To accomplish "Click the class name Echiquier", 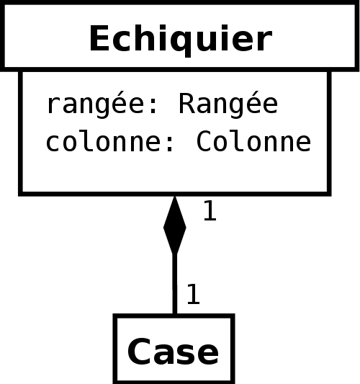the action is (181, 39).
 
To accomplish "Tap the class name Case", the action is (173, 352).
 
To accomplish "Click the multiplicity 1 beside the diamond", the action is (210, 210).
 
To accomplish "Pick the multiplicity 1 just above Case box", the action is (193, 294).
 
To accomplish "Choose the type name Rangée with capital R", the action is (228, 104).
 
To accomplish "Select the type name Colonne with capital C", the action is (253, 140).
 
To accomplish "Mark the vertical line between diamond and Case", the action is (175, 284).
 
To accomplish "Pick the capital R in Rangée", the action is (187, 103).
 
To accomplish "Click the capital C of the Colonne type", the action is (204, 140).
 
